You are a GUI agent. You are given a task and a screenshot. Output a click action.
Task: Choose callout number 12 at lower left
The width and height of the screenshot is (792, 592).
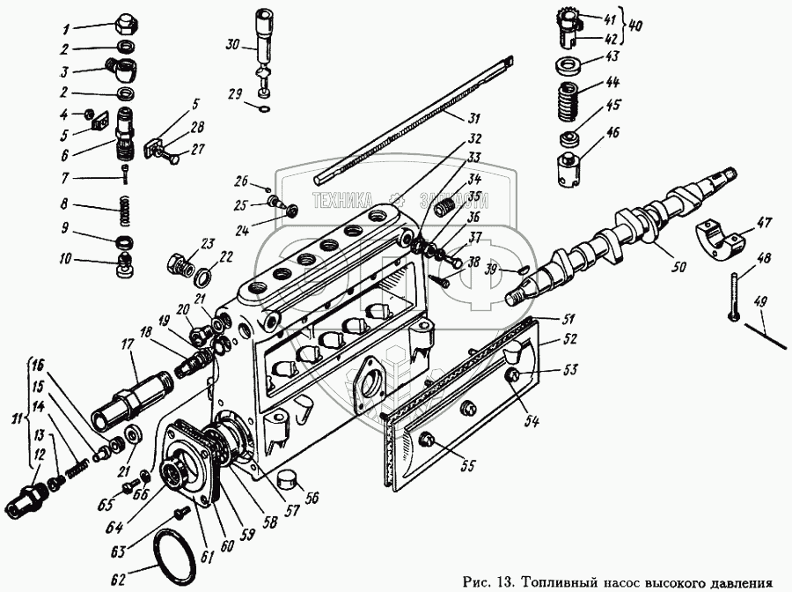tap(39, 455)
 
